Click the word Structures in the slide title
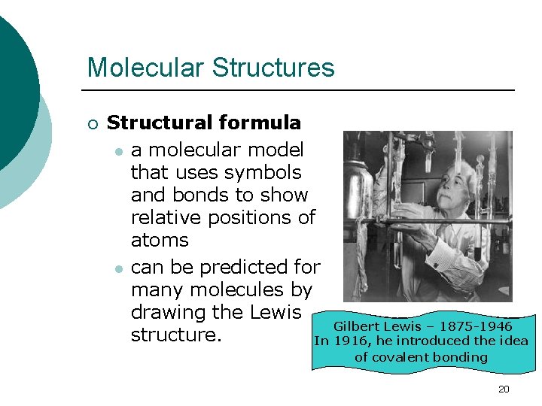pyautogui.click(x=273, y=68)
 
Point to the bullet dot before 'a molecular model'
pyautogui.click(x=118, y=150)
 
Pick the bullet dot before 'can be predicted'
pyautogui.click(x=118, y=268)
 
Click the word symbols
pyautogui.click(x=263, y=172)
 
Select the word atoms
pyautogui.click(x=160, y=241)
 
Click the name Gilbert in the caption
pyautogui.click(x=357, y=326)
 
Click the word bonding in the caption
pyautogui.click(x=461, y=356)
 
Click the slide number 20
pyautogui.click(x=504, y=389)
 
